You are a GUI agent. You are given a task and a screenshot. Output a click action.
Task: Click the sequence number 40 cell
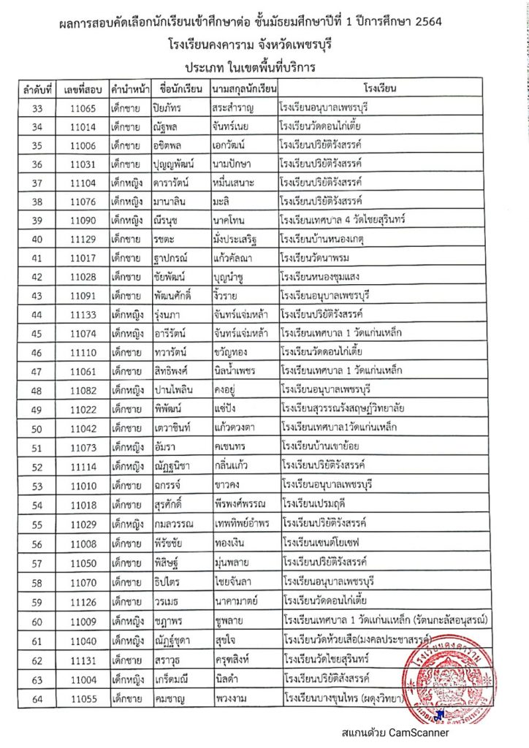coord(38,240)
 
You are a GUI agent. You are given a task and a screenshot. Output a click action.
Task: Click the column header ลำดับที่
coord(38,90)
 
